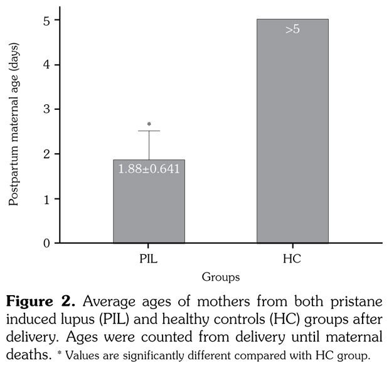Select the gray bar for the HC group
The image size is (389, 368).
click(292, 138)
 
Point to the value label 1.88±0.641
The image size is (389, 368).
click(149, 169)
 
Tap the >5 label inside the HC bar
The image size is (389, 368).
click(292, 30)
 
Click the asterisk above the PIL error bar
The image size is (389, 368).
click(149, 124)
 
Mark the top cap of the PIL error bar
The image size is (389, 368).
click(149, 131)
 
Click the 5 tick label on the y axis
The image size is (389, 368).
click(39, 20)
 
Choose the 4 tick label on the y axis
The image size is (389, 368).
click(39, 65)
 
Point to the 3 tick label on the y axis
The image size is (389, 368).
click(39, 109)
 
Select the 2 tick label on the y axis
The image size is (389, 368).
click(39, 154)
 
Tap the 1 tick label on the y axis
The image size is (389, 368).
click(39, 198)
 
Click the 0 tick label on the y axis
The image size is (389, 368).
click(39, 243)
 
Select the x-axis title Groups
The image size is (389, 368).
click(220, 276)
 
